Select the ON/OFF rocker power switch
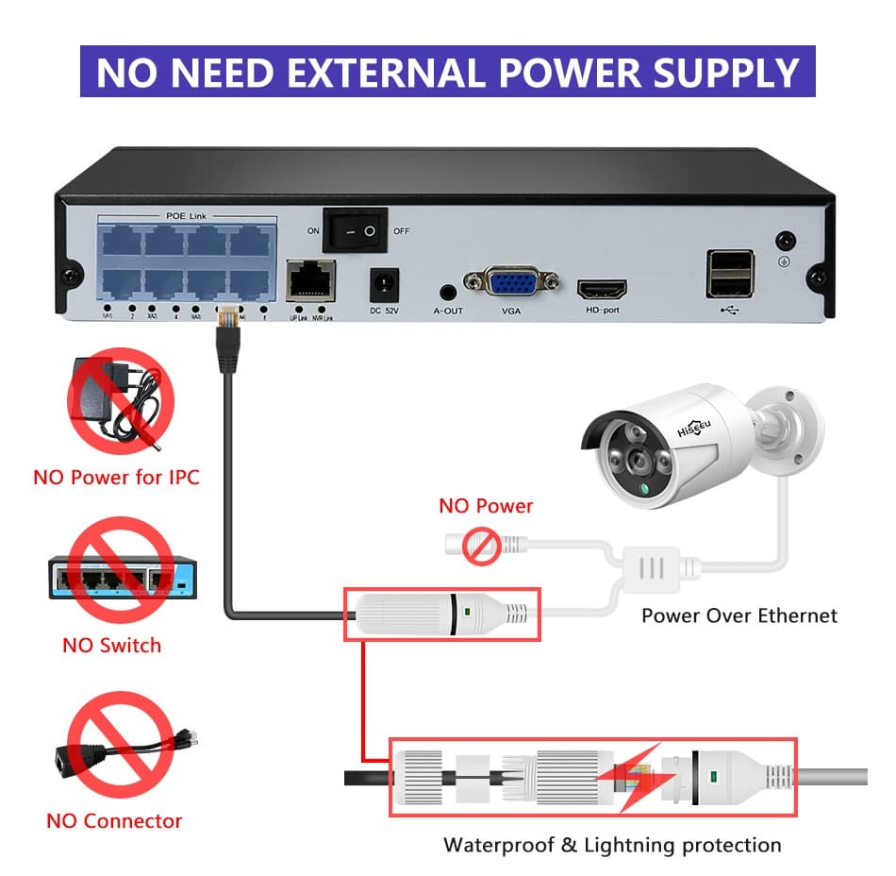point(356,230)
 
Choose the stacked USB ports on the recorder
point(729,274)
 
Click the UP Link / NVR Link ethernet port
point(310,279)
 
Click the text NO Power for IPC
point(116,477)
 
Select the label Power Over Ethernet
point(738,615)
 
